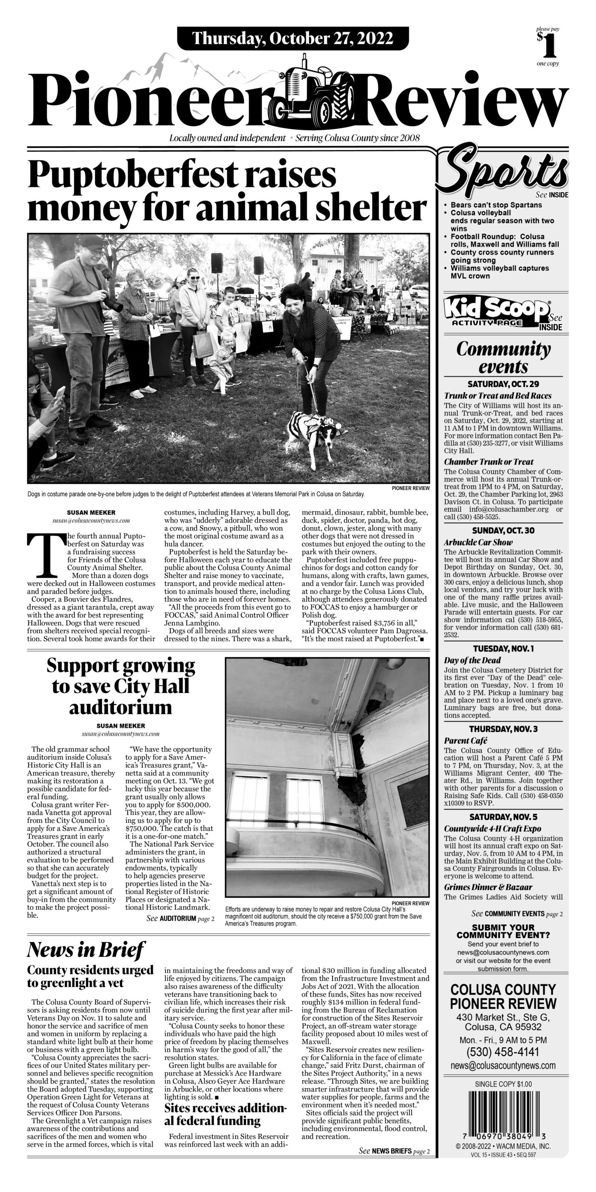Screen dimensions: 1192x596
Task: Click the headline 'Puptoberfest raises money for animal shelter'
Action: [x=227, y=191]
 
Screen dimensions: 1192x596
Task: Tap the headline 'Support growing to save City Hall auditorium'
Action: [x=120, y=687]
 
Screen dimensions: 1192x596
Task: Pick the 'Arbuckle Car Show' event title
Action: [x=478, y=542]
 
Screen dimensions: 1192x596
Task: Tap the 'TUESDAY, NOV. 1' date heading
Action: [x=503, y=649]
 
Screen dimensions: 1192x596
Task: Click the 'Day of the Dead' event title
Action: [x=472, y=660]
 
